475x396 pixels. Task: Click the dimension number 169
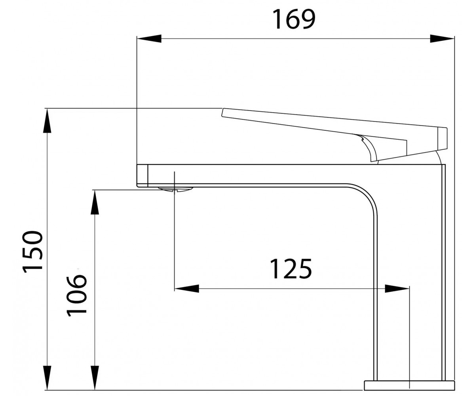(x=294, y=19)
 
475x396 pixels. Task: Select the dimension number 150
(x=32, y=252)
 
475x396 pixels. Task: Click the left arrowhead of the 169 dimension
(x=149, y=38)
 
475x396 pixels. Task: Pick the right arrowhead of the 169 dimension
(x=442, y=38)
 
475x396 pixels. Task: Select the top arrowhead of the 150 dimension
(x=47, y=121)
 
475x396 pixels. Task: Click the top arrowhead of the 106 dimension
(x=95, y=202)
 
